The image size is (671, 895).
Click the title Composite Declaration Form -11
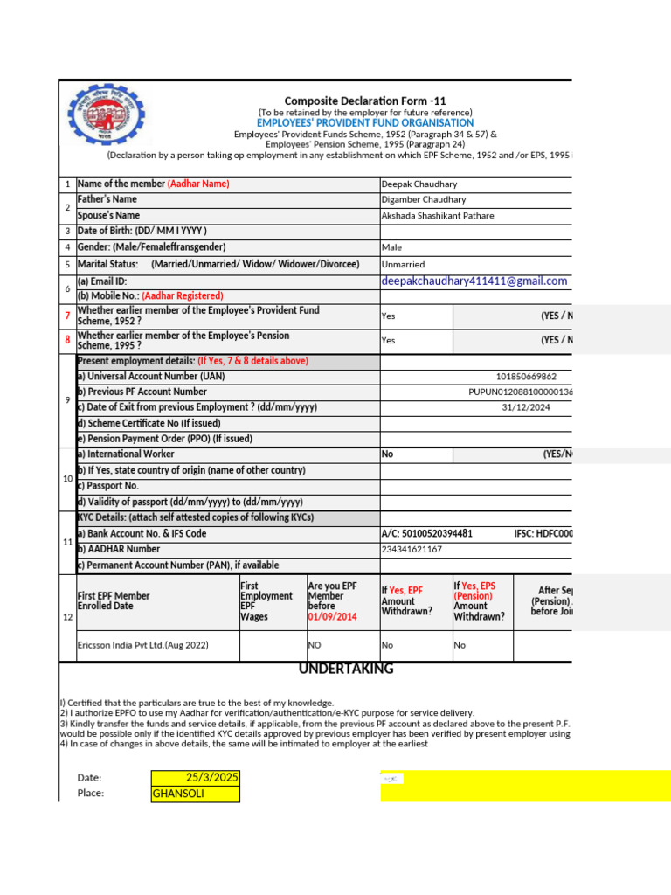coord(364,101)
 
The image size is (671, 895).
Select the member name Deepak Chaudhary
coord(419,184)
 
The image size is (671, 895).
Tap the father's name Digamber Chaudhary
coord(423,200)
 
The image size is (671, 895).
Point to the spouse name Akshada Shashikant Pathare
coord(437,216)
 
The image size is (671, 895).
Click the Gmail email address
coord(474,281)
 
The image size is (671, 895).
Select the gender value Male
coord(391,248)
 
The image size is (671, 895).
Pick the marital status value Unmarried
coord(403,264)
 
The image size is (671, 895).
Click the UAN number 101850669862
coord(525,377)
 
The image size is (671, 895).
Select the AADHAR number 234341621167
coord(412,550)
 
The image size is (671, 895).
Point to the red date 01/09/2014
coord(332,616)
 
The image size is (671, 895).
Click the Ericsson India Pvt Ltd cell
coord(143,645)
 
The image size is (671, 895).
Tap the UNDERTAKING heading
coord(346,670)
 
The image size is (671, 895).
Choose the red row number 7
coord(67,316)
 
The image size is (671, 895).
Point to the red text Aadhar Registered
coord(182,296)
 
